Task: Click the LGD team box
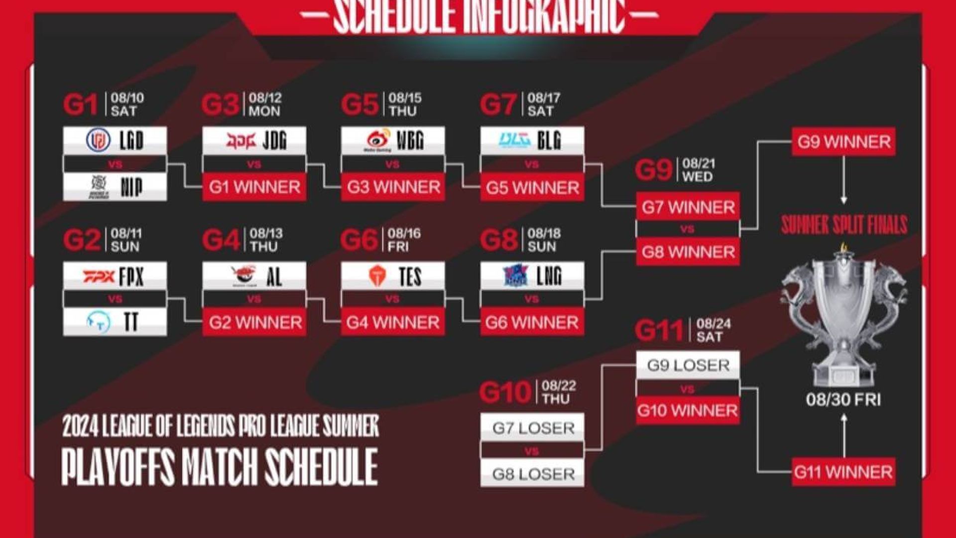pos(115,140)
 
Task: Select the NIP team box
pos(115,187)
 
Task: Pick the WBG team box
pos(393,140)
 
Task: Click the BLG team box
pos(532,140)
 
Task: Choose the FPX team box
pos(115,276)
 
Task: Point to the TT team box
pos(115,322)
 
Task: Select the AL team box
pos(254,276)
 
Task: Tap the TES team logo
pos(377,276)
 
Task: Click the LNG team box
pos(532,276)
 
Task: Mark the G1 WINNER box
pos(254,187)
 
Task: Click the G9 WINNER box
pos(843,142)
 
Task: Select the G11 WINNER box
pos(843,472)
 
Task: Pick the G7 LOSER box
pos(532,427)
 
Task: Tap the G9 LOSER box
pos(688,365)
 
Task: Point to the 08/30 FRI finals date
pos(843,400)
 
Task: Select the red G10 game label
pos(505,393)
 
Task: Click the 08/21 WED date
pos(698,170)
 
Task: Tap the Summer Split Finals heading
pos(843,225)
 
